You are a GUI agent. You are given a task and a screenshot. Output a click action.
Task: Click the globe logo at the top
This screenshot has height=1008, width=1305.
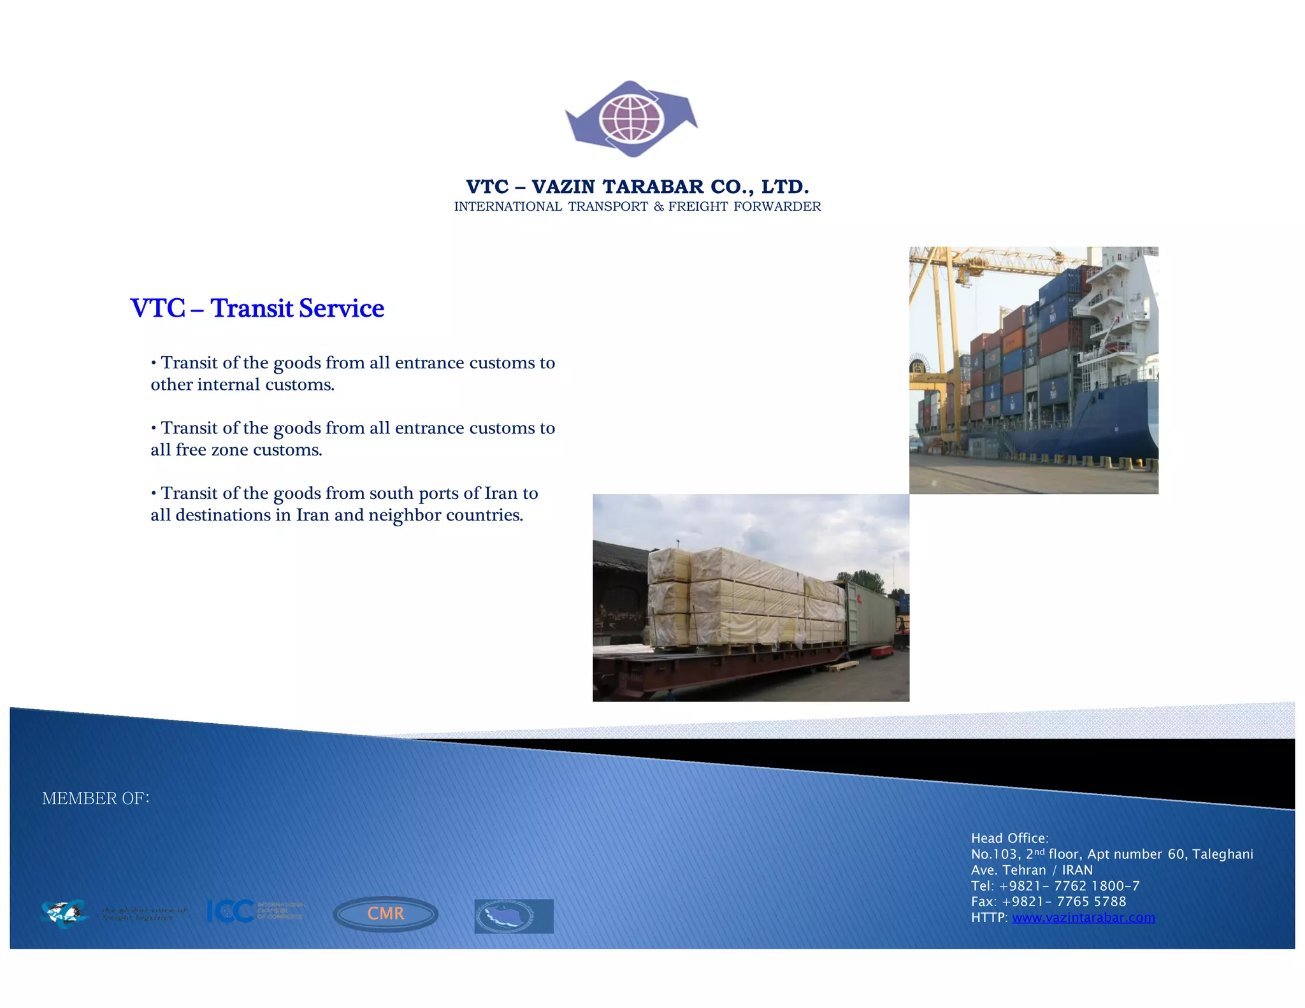[631, 119]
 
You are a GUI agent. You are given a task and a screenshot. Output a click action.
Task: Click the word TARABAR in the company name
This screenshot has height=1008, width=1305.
[652, 187]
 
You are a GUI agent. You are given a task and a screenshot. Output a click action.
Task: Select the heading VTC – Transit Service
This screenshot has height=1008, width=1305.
[257, 308]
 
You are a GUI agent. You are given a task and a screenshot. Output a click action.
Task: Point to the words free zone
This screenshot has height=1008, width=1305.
[212, 450]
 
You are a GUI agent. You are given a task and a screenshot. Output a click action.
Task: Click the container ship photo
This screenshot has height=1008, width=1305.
[1033, 370]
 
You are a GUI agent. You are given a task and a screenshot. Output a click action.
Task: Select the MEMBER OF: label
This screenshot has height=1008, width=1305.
[96, 798]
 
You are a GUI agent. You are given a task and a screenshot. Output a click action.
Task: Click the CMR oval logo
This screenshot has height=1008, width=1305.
[386, 914]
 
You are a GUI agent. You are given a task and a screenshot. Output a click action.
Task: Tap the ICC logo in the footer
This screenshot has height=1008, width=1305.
[255, 911]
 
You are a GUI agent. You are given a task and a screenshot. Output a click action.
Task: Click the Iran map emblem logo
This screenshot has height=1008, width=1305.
[514, 916]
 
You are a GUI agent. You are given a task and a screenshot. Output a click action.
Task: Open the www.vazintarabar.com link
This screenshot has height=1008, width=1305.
[1083, 918]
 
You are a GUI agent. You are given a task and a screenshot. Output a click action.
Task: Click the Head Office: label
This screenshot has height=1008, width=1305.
[1009, 839]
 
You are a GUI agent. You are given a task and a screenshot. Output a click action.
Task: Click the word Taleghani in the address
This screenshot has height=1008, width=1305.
[1222, 854]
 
